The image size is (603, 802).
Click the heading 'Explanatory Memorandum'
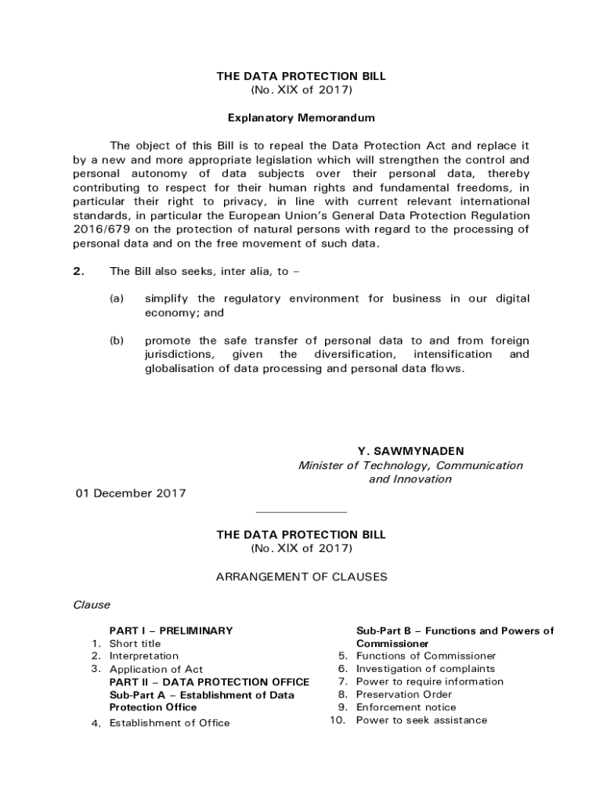tap(301, 118)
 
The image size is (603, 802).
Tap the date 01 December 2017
tap(130, 493)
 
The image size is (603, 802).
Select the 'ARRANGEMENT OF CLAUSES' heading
tap(301, 577)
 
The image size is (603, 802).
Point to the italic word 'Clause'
tap(92, 605)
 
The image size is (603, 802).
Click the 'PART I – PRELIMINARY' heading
tap(171, 630)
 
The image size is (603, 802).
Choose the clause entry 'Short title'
tap(135, 644)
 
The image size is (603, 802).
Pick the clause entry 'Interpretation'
tap(143, 656)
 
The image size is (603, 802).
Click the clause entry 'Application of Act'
tap(156, 670)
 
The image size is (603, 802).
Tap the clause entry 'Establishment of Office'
tap(169, 723)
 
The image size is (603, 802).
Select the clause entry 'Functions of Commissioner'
tap(426, 656)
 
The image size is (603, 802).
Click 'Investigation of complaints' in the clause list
tap(425, 669)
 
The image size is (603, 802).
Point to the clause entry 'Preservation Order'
tap(403, 695)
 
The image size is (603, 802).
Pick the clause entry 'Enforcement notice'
tap(406, 707)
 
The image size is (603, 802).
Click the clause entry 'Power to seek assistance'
tap(421, 721)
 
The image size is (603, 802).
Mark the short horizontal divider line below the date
tap(301, 513)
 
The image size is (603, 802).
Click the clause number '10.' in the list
tap(338, 721)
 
